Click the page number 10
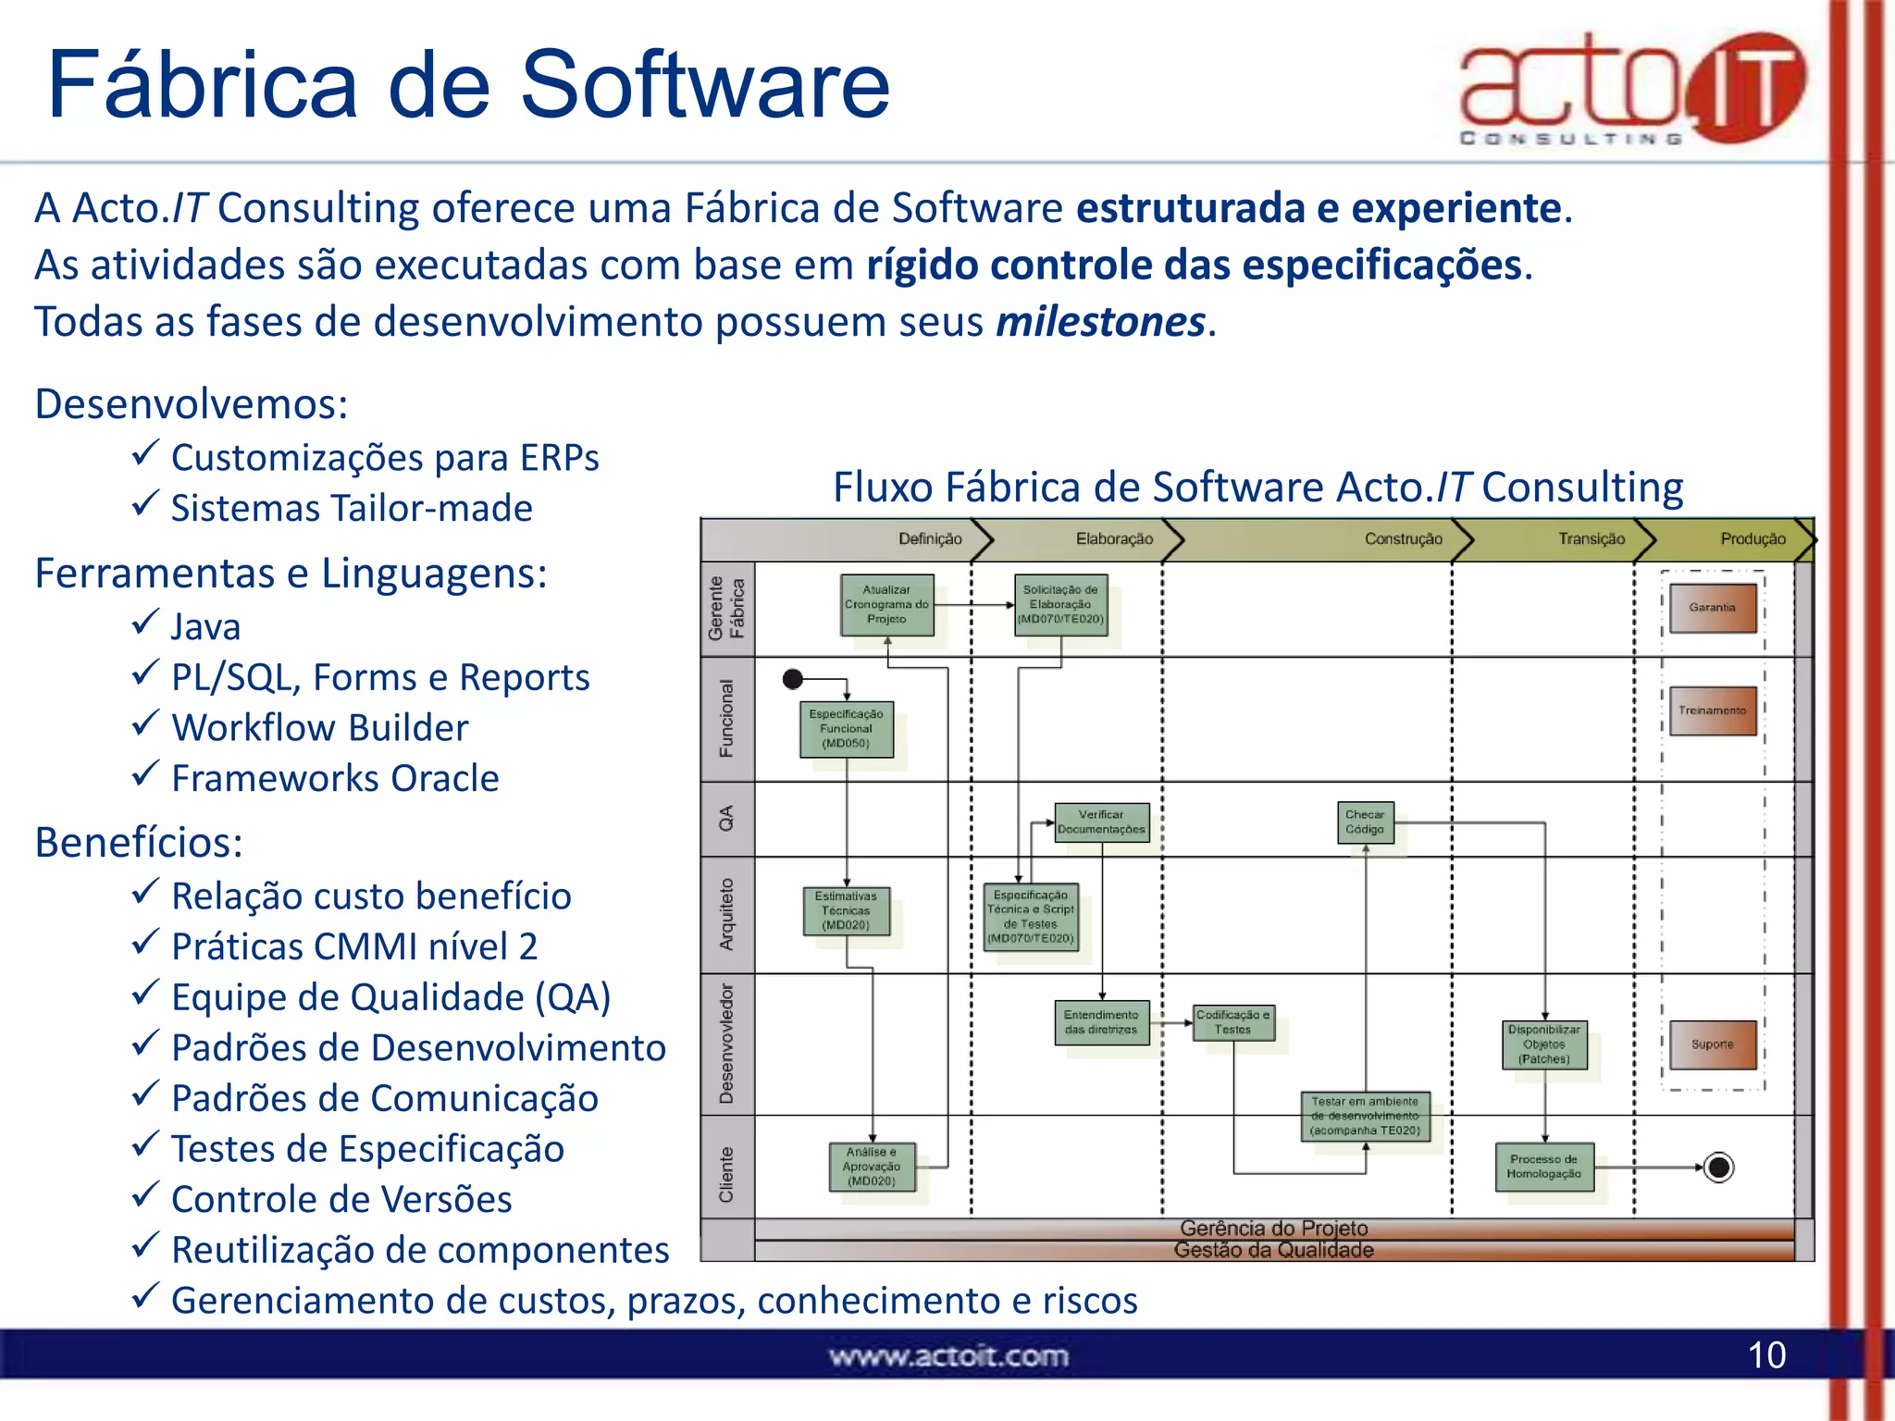click(x=1765, y=1355)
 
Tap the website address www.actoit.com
click(x=948, y=1356)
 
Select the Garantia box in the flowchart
click(x=1712, y=608)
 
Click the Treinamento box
click(x=1712, y=710)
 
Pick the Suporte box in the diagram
click(x=1712, y=1044)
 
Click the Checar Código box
click(x=1365, y=822)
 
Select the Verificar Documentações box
click(x=1101, y=822)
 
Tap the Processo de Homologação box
click(x=1543, y=1167)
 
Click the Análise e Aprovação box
click(x=872, y=1167)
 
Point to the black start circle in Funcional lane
click(x=793, y=679)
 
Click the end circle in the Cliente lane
click(x=1718, y=1168)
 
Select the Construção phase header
click(x=1403, y=539)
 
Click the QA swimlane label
click(x=727, y=818)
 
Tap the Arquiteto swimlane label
click(x=727, y=914)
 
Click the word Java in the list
click(x=205, y=627)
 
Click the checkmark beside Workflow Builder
click(x=144, y=724)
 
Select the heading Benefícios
click(x=139, y=843)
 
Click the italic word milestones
click(x=1100, y=322)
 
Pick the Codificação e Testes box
click(x=1233, y=1022)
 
